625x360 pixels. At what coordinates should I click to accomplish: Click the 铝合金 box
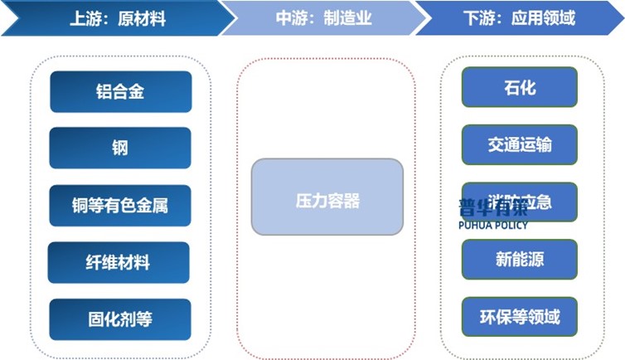coord(119,91)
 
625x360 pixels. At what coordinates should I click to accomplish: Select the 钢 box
coord(119,148)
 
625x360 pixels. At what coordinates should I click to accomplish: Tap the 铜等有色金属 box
coord(119,205)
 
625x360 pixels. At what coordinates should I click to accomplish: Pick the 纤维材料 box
coord(119,262)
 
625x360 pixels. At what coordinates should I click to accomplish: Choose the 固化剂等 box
coord(119,319)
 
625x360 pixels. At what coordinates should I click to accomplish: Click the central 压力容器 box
coord(327,200)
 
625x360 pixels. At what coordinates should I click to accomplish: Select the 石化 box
coord(519,87)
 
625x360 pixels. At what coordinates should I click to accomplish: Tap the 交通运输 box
coord(519,144)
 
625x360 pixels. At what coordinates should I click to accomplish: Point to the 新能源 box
coord(519,259)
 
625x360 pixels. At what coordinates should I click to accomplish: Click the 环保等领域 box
coord(519,316)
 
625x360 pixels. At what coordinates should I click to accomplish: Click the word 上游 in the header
coord(85,17)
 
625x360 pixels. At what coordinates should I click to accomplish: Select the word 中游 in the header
coord(291,17)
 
